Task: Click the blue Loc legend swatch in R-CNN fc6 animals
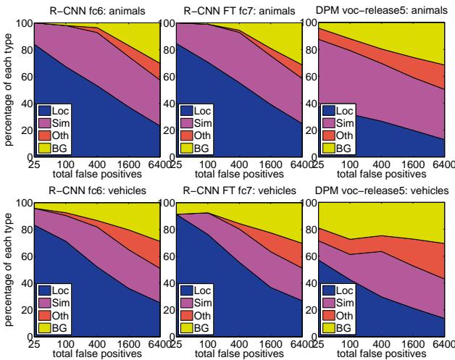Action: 45,112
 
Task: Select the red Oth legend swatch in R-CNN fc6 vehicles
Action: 45,316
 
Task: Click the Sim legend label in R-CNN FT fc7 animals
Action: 207,124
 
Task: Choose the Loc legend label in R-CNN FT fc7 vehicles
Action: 207,291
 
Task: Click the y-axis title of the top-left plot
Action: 8,89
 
